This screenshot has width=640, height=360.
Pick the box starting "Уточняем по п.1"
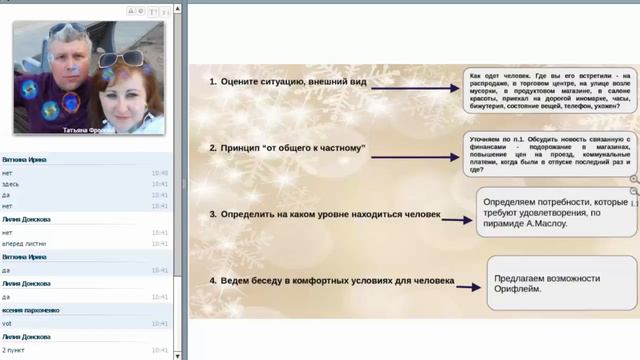(x=549, y=154)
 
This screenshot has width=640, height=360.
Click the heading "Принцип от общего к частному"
(x=288, y=148)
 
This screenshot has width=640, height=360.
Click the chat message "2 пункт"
(x=14, y=350)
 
